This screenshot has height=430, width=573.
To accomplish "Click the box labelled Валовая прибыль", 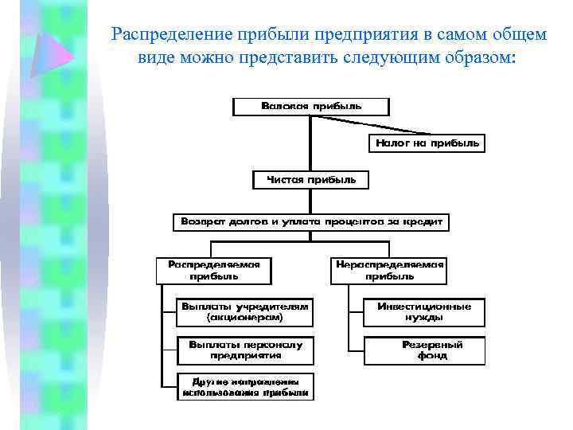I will click(310, 106).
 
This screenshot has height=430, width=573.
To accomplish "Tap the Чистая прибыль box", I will click(311, 180).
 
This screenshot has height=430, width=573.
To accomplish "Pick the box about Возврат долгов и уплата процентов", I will click(310, 221).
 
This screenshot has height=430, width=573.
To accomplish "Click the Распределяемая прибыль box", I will click(213, 270).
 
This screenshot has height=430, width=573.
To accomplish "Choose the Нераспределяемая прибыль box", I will click(389, 270).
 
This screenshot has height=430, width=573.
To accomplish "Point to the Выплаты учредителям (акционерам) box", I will click(244, 311).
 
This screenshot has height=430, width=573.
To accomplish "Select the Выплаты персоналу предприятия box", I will click(245, 350).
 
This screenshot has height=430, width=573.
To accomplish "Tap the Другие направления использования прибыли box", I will click(245, 386).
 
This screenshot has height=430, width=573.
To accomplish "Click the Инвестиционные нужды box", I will click(424, 311).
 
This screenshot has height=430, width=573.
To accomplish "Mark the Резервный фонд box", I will click(424, 350).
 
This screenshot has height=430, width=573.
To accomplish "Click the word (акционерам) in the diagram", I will click(244, 317).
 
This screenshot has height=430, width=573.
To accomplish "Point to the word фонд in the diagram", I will click(432, 355).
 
